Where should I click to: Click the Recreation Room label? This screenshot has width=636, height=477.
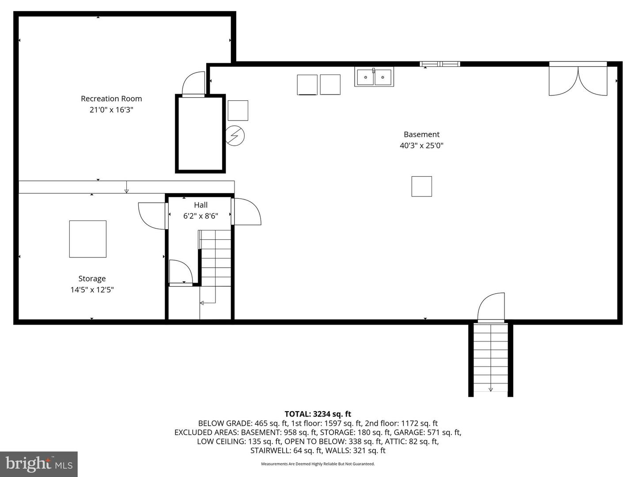click(x=111, y=98)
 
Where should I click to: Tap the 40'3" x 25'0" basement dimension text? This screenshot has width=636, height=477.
click(x=421, y=145)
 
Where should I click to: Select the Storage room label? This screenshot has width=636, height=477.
click(x=92, y=278)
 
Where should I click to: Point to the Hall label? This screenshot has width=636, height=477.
click(x=201, y=205)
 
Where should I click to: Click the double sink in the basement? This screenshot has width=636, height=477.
click(x=374, y=77)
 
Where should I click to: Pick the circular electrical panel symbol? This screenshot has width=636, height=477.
click(x=235, y=136)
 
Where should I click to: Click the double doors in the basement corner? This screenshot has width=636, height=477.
click(x=578, y=80)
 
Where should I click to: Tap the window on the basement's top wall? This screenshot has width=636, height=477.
click(x=439, y=64)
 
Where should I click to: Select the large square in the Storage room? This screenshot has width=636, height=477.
click(x=88, y=239)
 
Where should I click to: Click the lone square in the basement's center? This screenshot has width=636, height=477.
click(x=421, y=186)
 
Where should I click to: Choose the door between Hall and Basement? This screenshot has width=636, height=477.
click(x=246, y=212)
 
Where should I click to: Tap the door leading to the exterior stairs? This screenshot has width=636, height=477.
click(x=491, y=307)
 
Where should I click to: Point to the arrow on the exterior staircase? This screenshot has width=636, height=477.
click(x=491, y=389)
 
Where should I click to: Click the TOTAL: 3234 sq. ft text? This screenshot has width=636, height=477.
click(x=318, y=414)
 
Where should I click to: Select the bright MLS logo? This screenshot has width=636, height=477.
click(x=39, y=464)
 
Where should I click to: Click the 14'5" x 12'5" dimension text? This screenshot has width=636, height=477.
click(x=92, y=290)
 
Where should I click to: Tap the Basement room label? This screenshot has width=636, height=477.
click(x=421, y=134)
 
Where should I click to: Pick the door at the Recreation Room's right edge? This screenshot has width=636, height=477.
click(x=194, y=84)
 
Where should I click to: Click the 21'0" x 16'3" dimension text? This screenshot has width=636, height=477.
click(x=111, y=110)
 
